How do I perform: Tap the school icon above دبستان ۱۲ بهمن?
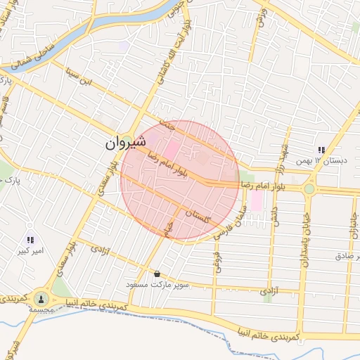pyautogui.click(x=321, y=150)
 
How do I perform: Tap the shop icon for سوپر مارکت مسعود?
pyautogui.click(x=157, y=274)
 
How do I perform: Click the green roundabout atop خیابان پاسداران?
pyautogui.click(x=309, y=188)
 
